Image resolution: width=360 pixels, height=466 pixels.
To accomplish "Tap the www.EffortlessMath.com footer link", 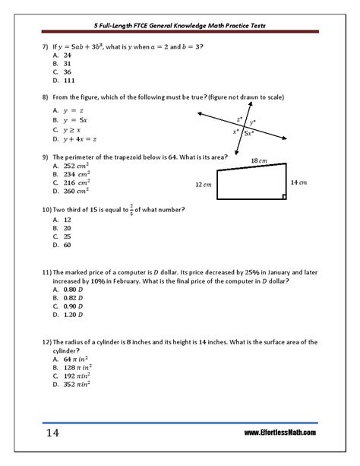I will point(280,433).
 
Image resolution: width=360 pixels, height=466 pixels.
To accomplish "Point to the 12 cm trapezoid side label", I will point(203,185).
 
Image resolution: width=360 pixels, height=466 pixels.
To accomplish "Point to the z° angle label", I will point(239,119).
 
